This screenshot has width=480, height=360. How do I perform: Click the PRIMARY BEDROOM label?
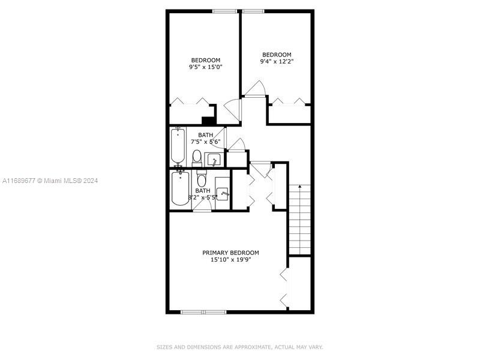[230, 253]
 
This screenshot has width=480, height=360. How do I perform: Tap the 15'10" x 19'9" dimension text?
[230, 260]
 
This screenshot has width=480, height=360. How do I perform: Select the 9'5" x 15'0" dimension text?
[205, 67]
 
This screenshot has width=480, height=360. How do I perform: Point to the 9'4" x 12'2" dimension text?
[277, 62]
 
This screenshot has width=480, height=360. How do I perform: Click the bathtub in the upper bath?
[178, 145]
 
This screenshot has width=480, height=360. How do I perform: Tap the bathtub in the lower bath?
[181, 188]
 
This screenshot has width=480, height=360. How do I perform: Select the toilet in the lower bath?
[201, 178]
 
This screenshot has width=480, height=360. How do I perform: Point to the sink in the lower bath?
[223, 194]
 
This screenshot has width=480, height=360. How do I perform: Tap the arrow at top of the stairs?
[300, 186]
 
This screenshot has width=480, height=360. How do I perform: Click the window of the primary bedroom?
[203, 312]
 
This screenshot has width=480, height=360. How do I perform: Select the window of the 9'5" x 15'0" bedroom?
[224, 11]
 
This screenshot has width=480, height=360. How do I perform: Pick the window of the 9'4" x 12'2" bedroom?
[253, 11]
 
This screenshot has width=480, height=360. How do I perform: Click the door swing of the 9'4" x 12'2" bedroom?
[254, 88]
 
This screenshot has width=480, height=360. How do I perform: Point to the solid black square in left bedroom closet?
[209, 121]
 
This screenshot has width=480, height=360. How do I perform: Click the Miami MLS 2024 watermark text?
[50, 181]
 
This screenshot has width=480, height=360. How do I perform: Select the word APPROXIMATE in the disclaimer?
[253, 347]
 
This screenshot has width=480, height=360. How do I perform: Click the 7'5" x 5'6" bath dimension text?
[206, 142]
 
